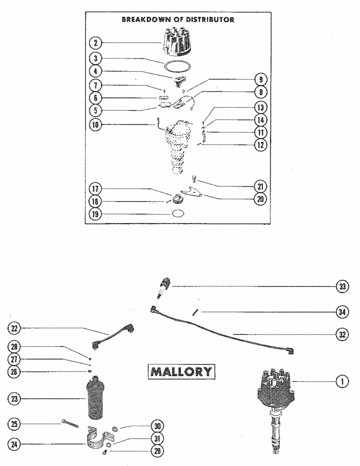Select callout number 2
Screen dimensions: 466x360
click(96, 43)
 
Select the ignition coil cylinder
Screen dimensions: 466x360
click(97, 399)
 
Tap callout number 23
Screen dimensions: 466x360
click(15, 398)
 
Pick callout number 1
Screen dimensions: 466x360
click(341, 382)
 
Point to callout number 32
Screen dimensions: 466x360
click(341, 334)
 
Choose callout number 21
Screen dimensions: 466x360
click(262, 186)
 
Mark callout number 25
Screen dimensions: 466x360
click(15, 424)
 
